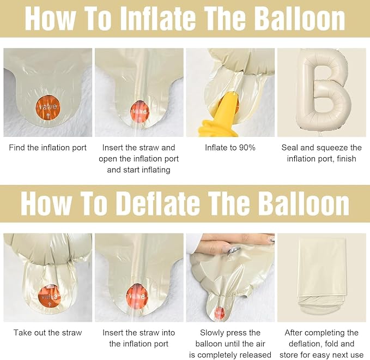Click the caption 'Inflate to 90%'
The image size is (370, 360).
click(x=230, y=148)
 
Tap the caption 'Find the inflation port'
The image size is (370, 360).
click(x=47, y=148)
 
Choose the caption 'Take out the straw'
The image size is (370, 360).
click(x=47, y=333)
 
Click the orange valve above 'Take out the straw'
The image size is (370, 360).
click(x=49, y=297)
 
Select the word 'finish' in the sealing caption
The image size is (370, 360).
click(x=347, y=159)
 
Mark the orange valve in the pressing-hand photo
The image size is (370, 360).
click(x=220, y=313)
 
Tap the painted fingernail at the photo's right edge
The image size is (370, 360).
click(x=272, y=238)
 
